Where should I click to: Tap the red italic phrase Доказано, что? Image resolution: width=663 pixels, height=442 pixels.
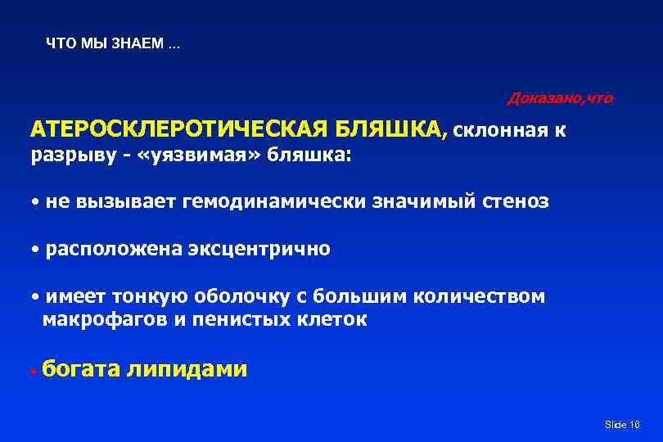pyautogui.click(x=560, y=98)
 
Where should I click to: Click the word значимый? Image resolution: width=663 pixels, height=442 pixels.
pyautogui.click(x=421, y=201)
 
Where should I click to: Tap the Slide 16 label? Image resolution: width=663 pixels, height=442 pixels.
pyautogui.click(x=621, y=425)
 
